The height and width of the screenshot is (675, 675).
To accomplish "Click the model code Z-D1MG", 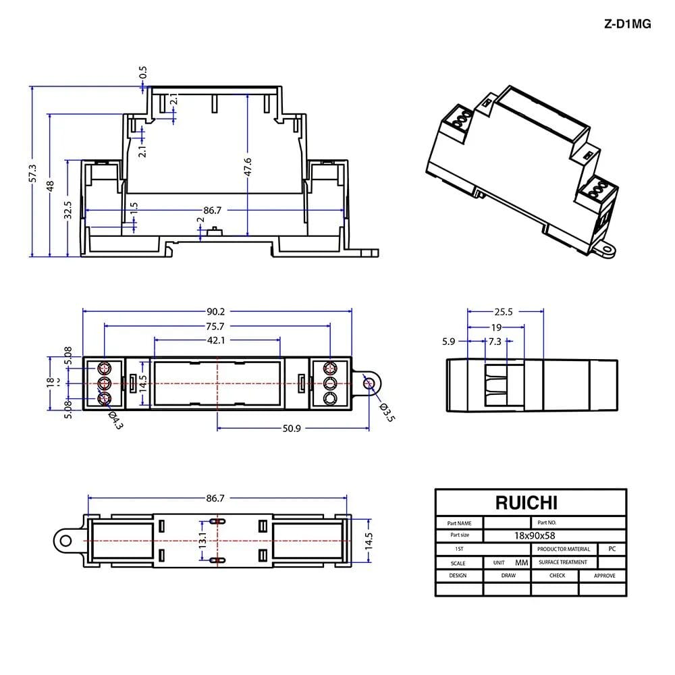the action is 627,24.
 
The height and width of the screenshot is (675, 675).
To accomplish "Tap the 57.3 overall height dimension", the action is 32,173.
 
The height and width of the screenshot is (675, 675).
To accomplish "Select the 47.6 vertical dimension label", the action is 248,167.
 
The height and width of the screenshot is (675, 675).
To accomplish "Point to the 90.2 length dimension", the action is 216,311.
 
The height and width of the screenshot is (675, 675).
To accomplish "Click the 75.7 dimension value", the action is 215,326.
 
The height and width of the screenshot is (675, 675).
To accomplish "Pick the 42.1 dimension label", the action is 216,340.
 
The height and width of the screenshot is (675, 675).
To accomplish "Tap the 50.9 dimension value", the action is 292,429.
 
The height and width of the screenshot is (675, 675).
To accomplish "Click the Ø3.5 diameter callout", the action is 387,412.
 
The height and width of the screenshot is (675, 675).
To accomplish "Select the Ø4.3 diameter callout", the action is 115,420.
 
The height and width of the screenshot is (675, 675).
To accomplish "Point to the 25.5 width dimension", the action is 504,312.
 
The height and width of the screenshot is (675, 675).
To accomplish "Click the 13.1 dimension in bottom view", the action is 202,540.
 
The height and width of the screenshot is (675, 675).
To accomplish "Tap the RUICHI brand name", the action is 526,503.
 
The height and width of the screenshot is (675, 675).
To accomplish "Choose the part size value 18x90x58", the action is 534,535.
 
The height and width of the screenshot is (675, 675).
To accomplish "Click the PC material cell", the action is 612,548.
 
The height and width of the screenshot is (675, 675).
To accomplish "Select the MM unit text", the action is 521,563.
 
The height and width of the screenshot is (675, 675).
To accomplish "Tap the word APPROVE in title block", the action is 604,576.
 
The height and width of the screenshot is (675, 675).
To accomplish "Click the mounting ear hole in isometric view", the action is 607,250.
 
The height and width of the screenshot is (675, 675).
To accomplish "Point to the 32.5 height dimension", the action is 67,210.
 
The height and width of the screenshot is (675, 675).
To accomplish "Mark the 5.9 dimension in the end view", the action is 448,342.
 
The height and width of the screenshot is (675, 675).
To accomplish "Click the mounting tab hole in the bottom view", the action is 65,540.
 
